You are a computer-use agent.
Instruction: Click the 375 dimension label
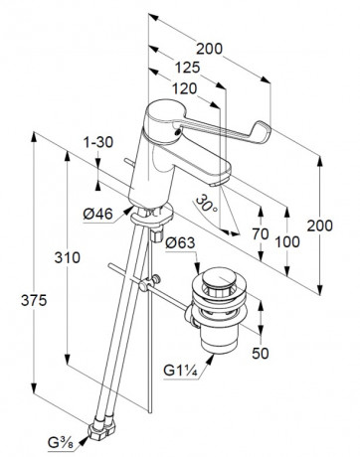pyautogui.click(x=34, y=300)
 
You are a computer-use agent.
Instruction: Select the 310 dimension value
pyautogui.click(x=68, y=257)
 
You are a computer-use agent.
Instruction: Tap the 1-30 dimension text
pyautogui.click(x=97, y=142)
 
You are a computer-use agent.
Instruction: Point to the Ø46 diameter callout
pyautogui.click(x=98, y=214)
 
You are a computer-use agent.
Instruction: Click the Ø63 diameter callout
pyautogui.click(x=180, y=243)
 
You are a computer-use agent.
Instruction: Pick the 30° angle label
pyautogui.click(x=207, y=205)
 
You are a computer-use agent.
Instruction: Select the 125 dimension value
pyautogui.click(x=188, y=68)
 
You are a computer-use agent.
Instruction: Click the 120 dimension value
pyautogui.click(x=184, y=88)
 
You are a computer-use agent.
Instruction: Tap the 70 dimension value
pyautogui.click(x=261, y=234)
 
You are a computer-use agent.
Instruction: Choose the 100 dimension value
pyautogui.click(x=287, y=242)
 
